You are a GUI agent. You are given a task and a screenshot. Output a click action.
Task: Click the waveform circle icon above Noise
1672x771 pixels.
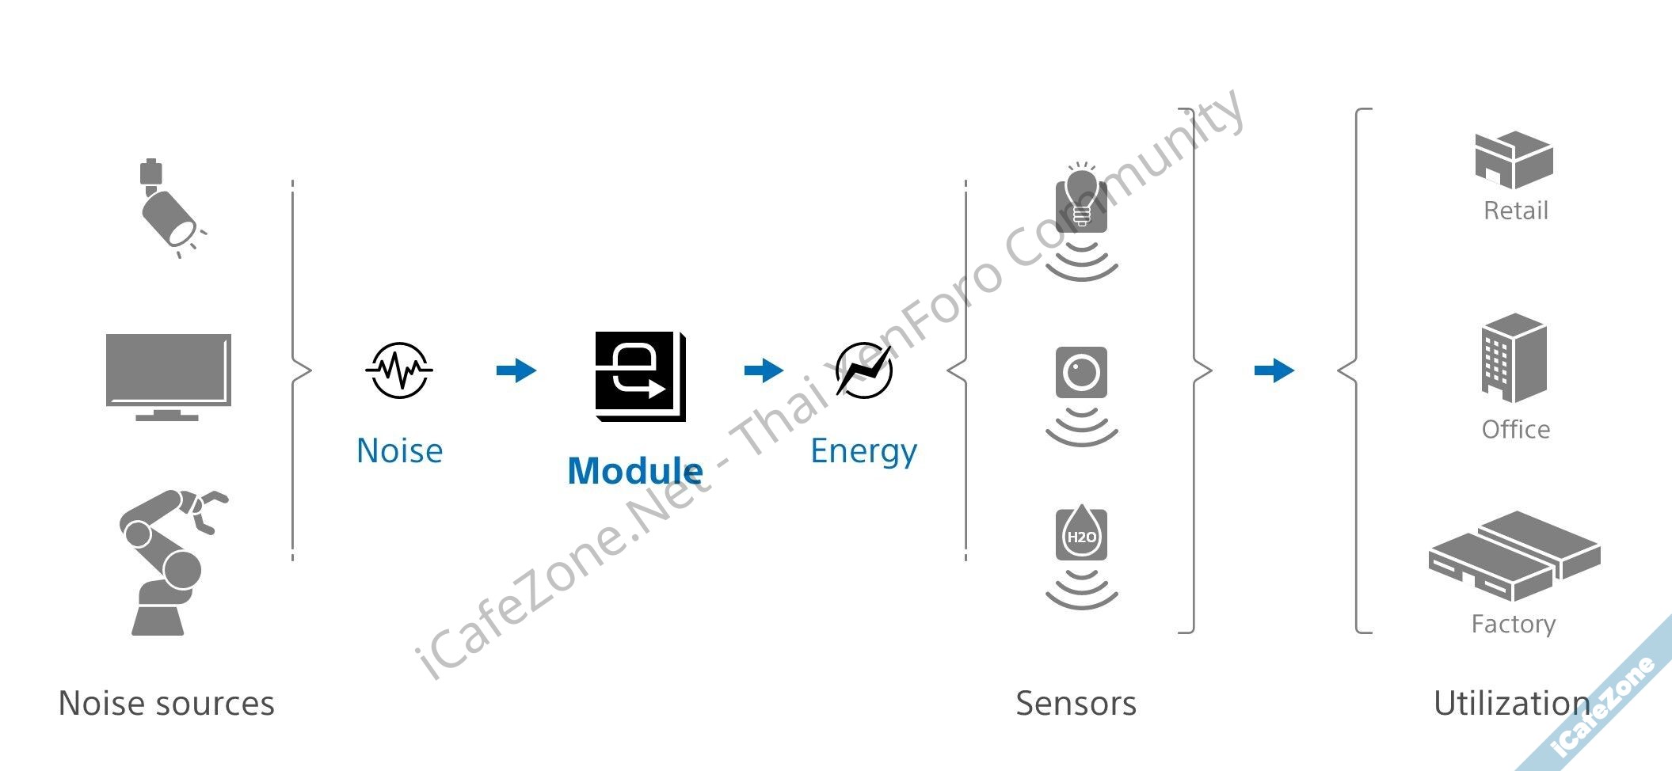coord(399,370)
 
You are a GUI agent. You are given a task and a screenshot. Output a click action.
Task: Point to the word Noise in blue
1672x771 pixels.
coord(399,450)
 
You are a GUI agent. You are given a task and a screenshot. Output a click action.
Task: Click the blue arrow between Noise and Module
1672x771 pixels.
coord(516,370)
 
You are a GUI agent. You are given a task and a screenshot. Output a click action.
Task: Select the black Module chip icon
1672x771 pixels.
coord(640,376)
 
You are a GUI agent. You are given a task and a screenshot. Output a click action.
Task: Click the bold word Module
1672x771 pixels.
coord(635,471)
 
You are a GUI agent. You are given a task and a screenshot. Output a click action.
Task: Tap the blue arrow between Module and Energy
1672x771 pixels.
coord(764,370)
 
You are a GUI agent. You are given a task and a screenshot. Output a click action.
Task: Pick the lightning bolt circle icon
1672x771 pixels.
coord(864,370)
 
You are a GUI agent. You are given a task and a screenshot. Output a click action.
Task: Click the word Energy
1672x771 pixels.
coord(863,451)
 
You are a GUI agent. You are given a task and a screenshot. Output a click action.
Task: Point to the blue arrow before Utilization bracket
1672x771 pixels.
coord(1274,370)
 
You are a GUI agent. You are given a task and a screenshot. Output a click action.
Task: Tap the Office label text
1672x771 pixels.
coord(1515,429)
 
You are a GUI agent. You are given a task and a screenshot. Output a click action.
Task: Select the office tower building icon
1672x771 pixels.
coord(1514,358)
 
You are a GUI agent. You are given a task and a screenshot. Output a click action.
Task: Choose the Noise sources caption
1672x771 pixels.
coord(166,703)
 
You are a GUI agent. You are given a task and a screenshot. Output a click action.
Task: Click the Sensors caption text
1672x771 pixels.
coord(1076,703)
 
